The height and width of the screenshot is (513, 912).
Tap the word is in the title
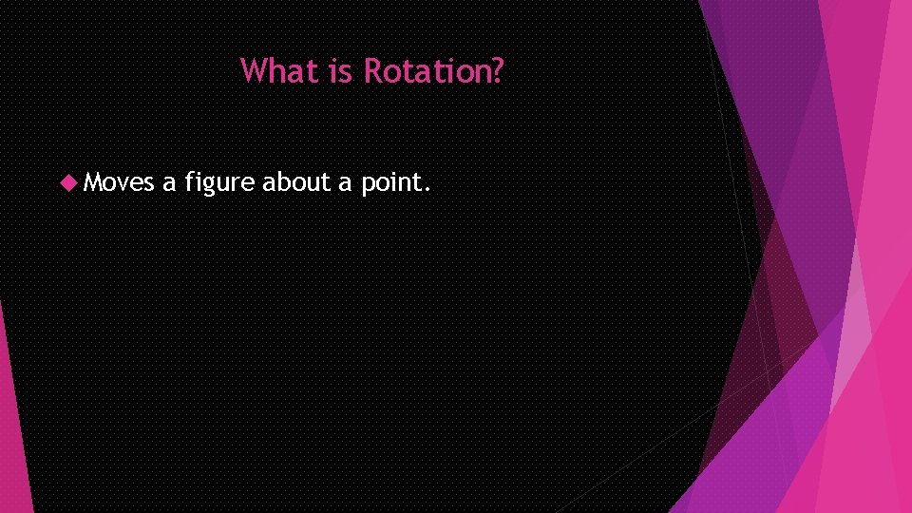[340, 70]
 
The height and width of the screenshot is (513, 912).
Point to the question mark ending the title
[497, 70]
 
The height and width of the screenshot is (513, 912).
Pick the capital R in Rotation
[373, 70]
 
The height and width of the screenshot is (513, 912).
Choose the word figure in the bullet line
[219, 181]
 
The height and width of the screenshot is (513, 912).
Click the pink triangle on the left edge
[12, 427]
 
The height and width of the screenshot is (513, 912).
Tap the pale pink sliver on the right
[855, 323]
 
